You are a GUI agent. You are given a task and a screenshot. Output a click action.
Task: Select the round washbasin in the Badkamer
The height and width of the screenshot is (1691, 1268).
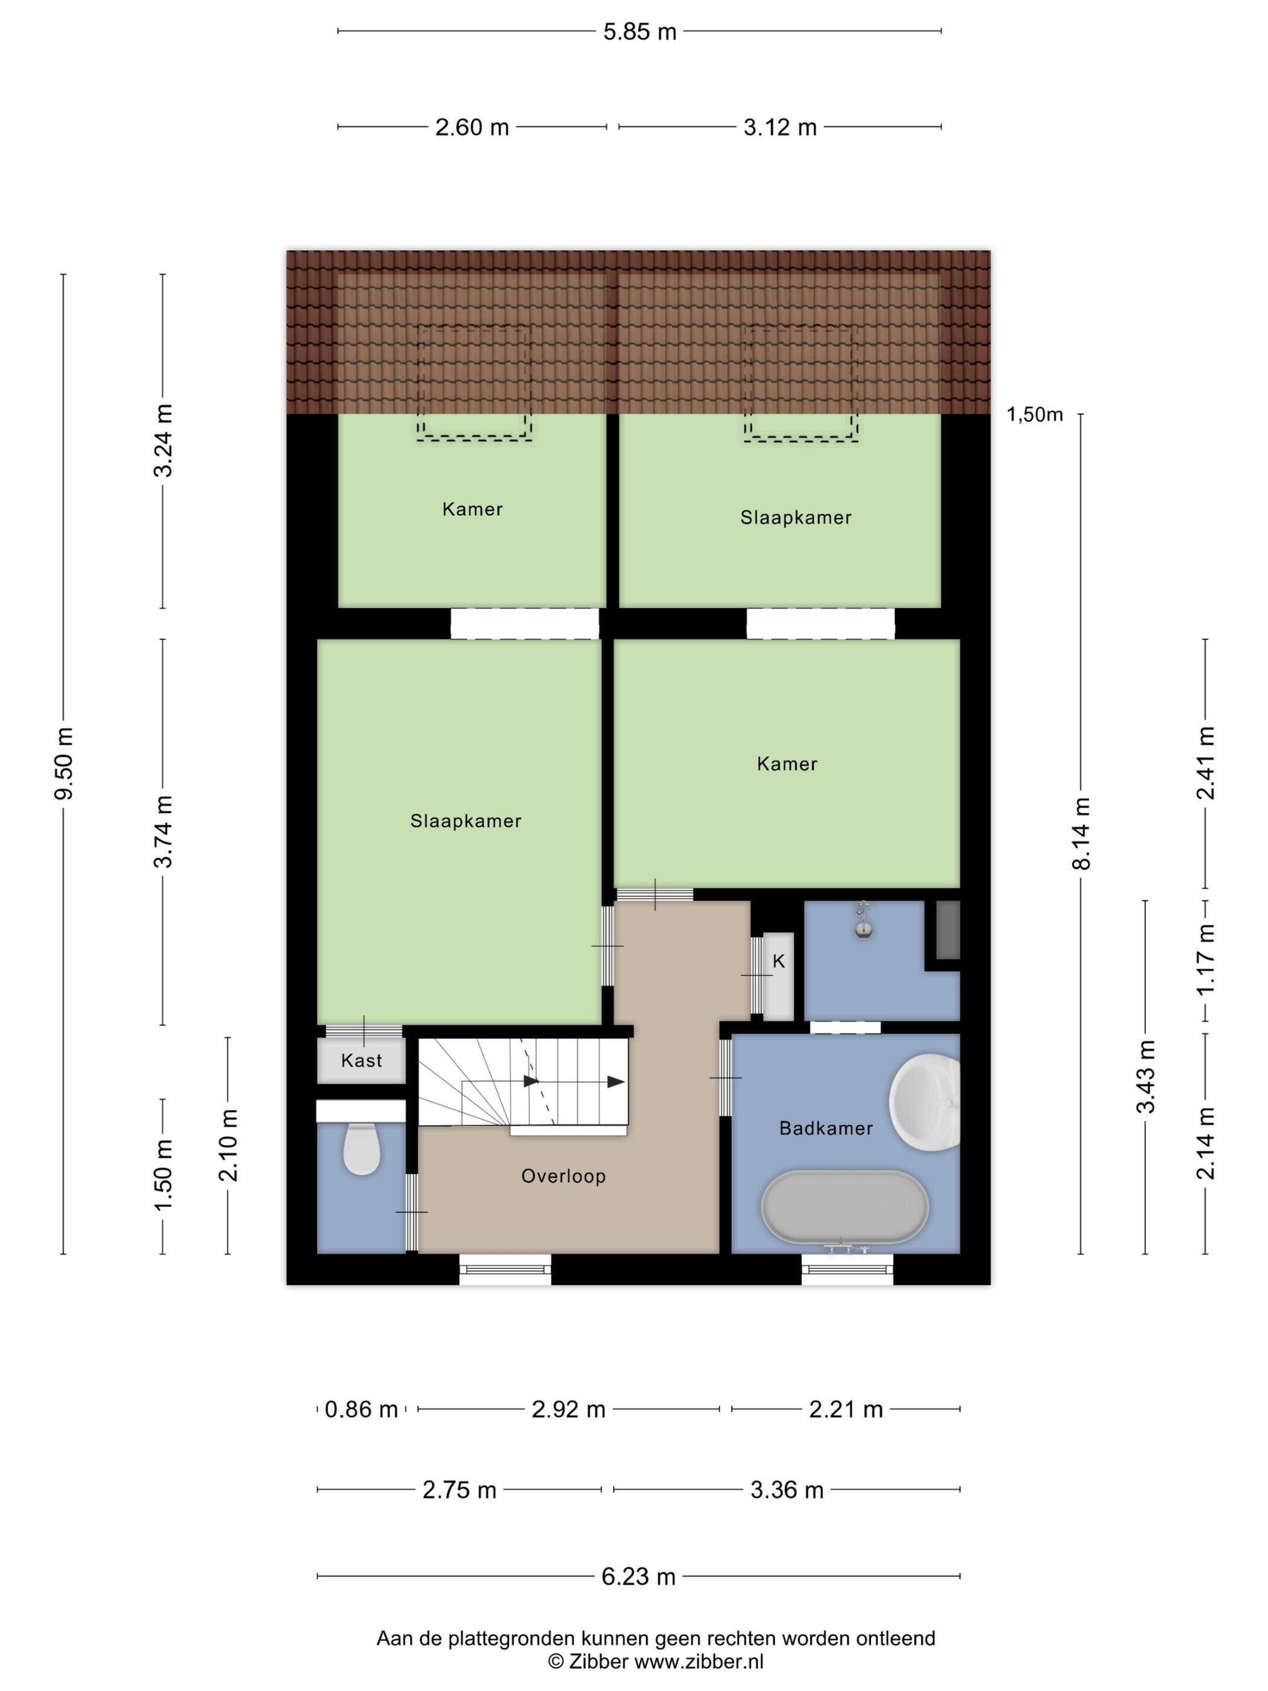[925, 1101]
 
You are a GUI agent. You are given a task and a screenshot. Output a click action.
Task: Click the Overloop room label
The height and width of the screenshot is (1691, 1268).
[563, 1176]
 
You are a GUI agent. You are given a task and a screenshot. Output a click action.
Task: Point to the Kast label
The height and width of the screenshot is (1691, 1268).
[362, 1060]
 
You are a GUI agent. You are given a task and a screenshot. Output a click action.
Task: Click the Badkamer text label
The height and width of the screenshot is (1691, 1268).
[825, 1128]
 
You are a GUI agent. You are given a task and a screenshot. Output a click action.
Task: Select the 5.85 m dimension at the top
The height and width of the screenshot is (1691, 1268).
[639, 32]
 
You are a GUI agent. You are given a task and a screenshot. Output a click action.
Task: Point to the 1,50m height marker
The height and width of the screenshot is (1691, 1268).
[1034, 414]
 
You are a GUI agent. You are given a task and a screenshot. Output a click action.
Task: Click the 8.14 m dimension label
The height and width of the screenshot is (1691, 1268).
[1081, 833]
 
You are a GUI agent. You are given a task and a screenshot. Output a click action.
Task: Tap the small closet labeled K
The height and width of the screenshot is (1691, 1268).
[779, 976]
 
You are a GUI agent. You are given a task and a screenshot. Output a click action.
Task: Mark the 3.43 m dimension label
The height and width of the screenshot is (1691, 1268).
[1145, 1076]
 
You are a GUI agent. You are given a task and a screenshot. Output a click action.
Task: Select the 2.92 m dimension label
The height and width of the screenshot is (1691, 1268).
[569, 1409]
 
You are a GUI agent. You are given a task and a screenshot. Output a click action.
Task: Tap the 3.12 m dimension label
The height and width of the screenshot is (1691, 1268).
[780, 127]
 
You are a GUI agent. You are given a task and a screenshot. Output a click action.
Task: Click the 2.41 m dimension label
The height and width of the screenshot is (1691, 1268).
[1205, 763]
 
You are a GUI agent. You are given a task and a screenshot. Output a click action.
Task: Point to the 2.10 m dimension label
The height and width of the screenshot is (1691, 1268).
[228, 1145]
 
